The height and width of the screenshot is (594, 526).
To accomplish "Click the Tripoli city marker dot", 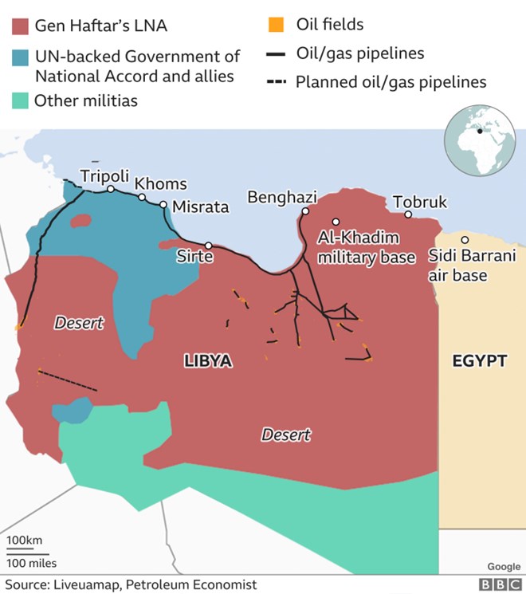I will tap(111, 189).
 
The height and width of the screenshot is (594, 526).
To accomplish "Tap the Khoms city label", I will tap(160, 184).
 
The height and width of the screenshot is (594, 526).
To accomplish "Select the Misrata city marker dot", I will tap(163, 205).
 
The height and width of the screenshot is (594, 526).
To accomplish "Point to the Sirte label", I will tap(194, 257).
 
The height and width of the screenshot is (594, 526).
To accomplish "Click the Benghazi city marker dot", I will tap(305, 211).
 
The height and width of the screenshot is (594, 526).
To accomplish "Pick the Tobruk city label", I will tap(420, 203).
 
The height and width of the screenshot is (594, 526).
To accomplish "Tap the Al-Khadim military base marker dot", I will tap(336, 222).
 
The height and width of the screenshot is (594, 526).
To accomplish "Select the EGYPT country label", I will tap(480, 361).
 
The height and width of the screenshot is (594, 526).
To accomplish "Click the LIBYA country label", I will tap(208, 361).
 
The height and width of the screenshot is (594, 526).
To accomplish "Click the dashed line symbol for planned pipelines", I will tap(276, 82).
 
